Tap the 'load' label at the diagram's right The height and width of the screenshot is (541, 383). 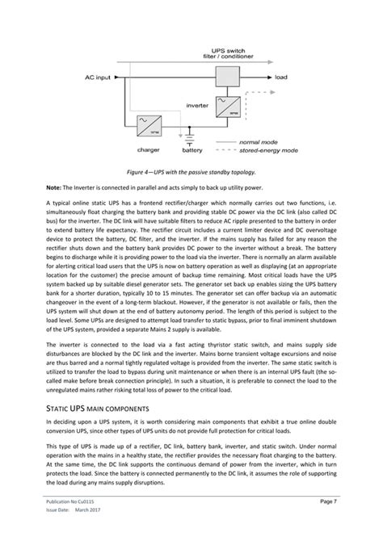(280, 78)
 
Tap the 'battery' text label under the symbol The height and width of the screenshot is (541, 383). (192, 149)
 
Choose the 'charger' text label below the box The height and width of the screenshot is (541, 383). (148, 149)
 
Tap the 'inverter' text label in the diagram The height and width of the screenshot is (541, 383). (197, 105)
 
